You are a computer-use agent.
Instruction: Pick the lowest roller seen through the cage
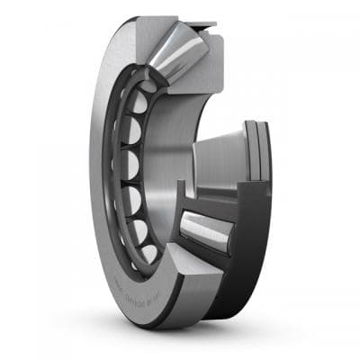(x=149, y=253)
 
